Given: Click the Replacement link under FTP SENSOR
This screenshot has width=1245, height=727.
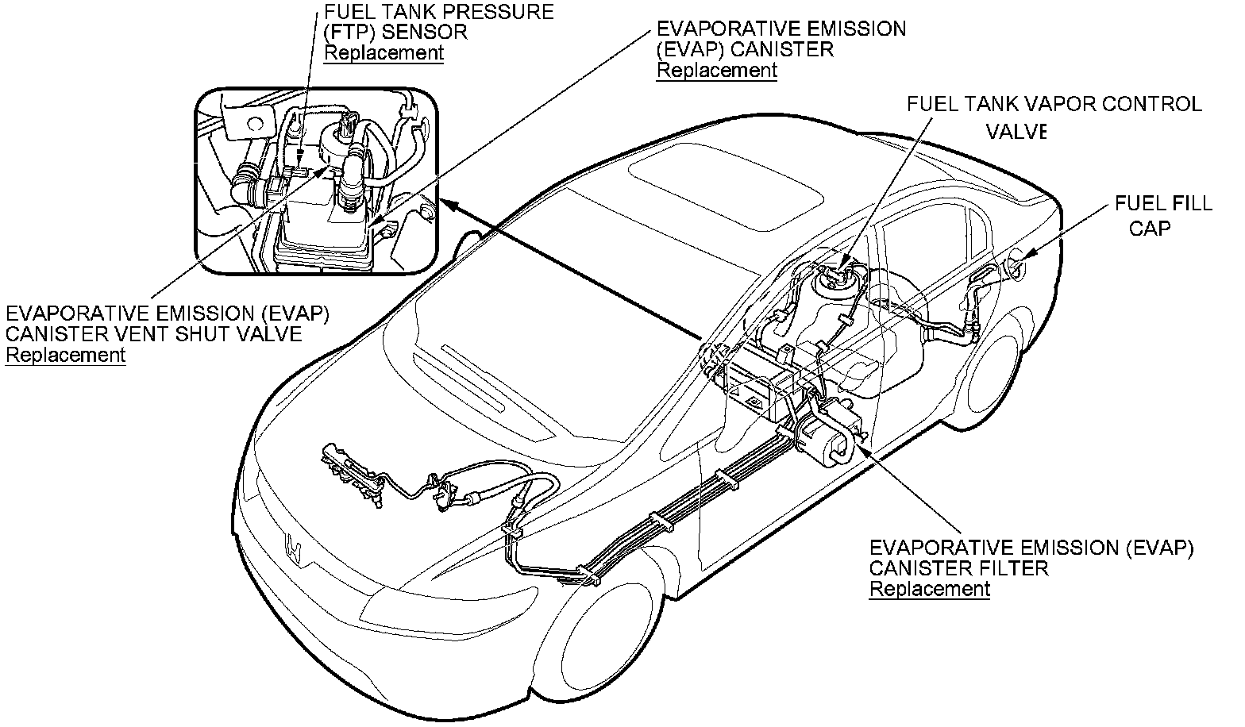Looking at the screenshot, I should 384,53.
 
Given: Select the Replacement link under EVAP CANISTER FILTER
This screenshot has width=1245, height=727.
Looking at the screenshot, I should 930,589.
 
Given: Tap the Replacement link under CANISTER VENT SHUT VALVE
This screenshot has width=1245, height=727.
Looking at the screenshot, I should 65,355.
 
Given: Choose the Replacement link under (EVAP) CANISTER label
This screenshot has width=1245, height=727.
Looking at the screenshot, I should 716,70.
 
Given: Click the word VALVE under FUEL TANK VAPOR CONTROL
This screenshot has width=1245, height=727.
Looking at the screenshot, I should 1016,132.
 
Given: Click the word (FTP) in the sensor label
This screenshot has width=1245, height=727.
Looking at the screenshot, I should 349,33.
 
